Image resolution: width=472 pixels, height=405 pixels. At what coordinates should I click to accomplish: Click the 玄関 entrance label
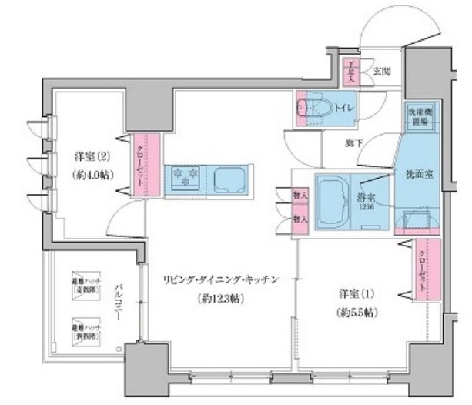point(381,71)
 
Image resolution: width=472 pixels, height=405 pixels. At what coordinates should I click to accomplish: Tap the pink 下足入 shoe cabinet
point(350,72)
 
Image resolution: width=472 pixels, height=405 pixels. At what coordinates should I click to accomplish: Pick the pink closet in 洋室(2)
point(150,162)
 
